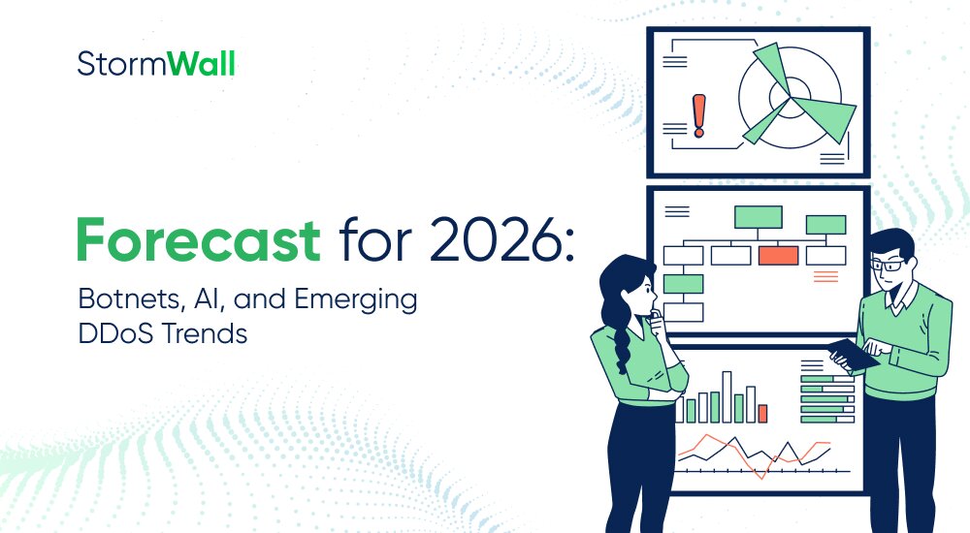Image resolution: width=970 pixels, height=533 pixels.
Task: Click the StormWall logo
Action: click(x=156, y=65)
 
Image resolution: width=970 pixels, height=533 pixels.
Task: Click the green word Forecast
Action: click(x=199, y=240)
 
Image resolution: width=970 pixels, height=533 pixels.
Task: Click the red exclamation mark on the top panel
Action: click(x=697, y=115)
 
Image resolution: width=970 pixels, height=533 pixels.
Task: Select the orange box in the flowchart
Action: click(x=778, y=255)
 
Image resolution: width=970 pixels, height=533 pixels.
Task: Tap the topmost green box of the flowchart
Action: click(x=758, y=216)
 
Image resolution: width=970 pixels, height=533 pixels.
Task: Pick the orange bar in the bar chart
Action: click(x=762, y=413)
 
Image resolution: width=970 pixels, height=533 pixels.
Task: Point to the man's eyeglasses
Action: click(x=886, y=264)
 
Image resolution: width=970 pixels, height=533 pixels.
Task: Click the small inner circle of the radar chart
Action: click(x=782, y=96)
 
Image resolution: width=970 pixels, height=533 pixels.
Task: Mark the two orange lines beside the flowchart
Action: click(x=825, y=277)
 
